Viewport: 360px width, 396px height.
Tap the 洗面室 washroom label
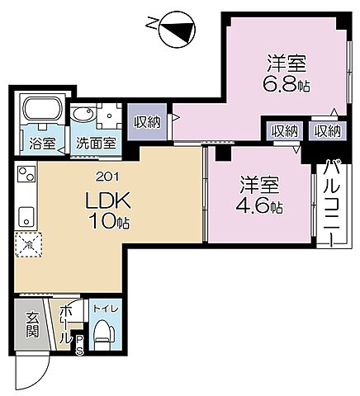click(95, 141)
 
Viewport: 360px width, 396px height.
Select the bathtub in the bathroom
click(43, 110)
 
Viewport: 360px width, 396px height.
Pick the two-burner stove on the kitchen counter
click(24, 175)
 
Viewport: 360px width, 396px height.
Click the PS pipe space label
click(79, 344)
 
